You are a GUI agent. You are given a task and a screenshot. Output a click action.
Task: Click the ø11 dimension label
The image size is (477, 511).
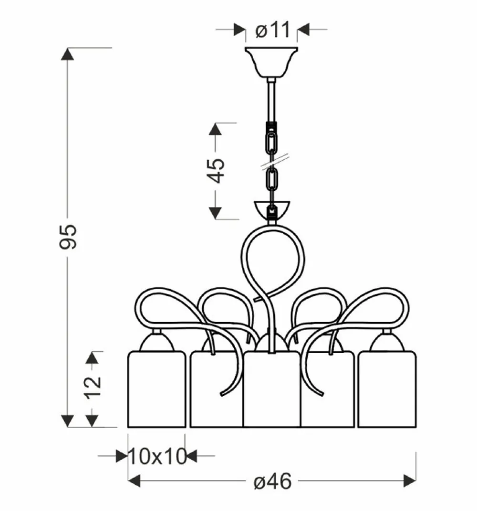pyautogui.click(x=272, y=30)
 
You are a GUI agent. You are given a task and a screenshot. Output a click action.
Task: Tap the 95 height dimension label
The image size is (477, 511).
pyautogui.click(x=68, y=237)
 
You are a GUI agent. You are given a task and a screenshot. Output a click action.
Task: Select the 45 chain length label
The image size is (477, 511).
pyautogui.click(x=216, y=170)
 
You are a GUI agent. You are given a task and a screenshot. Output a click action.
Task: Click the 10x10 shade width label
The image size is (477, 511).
pyautogui.click(x=158, y=456)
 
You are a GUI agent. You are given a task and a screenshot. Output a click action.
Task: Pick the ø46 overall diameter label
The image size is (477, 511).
pyautogui.click(x=273, y=481)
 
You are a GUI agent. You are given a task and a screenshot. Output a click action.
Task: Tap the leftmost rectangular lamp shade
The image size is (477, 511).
pyautogui.click(x=156, y=389)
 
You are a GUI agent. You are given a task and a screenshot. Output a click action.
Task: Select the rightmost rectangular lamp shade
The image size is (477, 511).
pyautogui.click(x=387, y=389)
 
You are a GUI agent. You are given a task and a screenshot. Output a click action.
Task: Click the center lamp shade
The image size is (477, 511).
pyautogui.click(x=271, y=389)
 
